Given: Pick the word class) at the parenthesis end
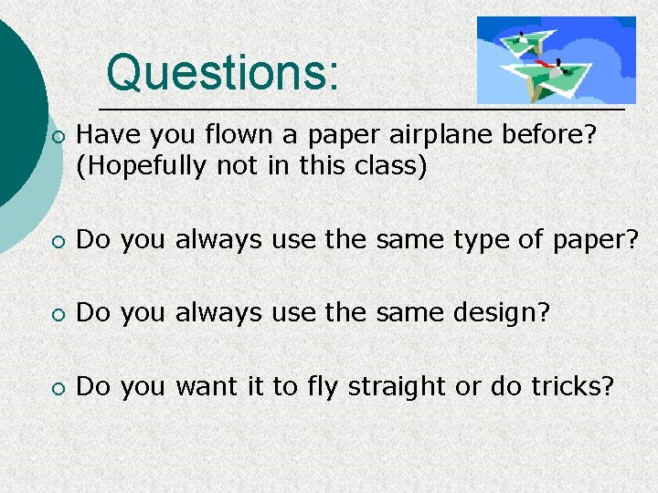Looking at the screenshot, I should pos(394,168).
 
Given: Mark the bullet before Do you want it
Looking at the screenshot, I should pos(58,388).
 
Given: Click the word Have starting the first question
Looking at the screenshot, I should pos(105,135).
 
